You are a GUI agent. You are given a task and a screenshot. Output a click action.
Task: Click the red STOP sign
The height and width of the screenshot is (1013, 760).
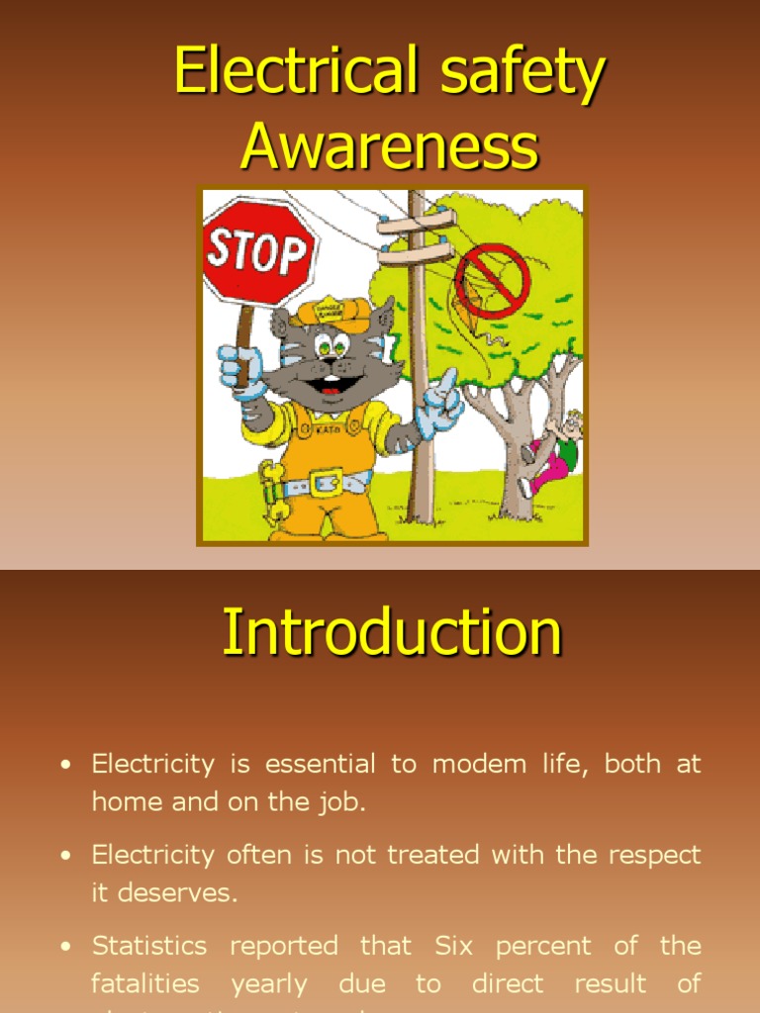coord(256,251)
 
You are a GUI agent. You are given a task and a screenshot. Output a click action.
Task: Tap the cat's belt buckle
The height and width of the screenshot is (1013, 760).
coord(326,482)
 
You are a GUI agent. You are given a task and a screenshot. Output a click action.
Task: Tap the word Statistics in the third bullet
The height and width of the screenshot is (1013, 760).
coord(149,946)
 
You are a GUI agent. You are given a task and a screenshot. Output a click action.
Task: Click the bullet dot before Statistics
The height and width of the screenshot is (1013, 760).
coord(66,948)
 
